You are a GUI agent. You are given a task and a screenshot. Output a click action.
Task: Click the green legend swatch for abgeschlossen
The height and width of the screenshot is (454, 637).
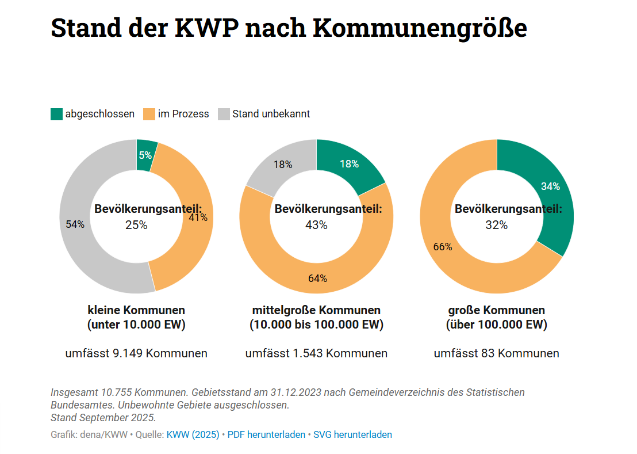56,114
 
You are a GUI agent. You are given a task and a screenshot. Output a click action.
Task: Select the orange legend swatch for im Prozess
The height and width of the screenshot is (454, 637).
149,114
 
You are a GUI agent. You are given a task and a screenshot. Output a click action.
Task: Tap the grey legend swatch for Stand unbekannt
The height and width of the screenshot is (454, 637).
224,114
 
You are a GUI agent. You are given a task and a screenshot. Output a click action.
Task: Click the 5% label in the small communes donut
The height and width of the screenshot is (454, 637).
145,155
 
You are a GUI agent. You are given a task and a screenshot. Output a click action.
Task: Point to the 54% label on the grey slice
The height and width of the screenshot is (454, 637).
75,224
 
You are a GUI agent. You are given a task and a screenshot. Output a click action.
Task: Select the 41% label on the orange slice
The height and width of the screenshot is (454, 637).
198,217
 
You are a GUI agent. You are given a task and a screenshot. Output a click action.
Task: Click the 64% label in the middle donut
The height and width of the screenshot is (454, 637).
317,278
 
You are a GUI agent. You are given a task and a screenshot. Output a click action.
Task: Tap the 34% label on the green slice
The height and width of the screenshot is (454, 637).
550,186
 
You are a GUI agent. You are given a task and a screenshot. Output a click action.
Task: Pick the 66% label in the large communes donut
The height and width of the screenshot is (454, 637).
442,247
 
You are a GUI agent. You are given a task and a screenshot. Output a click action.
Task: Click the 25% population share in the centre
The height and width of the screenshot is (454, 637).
136,225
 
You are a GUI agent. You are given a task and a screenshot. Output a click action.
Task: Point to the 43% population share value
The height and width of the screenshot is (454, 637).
316,225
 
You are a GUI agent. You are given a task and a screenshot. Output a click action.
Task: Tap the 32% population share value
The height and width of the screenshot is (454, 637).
496,225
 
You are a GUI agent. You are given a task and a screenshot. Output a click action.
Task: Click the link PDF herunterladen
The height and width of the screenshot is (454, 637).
266,434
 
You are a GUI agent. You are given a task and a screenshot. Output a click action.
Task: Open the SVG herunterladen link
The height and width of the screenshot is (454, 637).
352,434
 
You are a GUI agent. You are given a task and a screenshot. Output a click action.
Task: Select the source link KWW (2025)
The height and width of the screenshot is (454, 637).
193,434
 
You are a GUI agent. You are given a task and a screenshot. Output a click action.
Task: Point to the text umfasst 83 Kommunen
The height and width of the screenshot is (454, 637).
496,353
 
